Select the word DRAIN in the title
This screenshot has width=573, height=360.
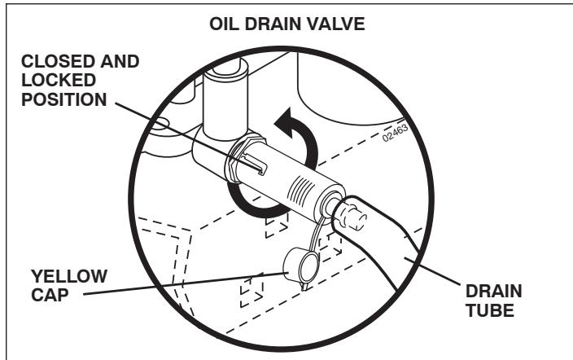280,22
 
